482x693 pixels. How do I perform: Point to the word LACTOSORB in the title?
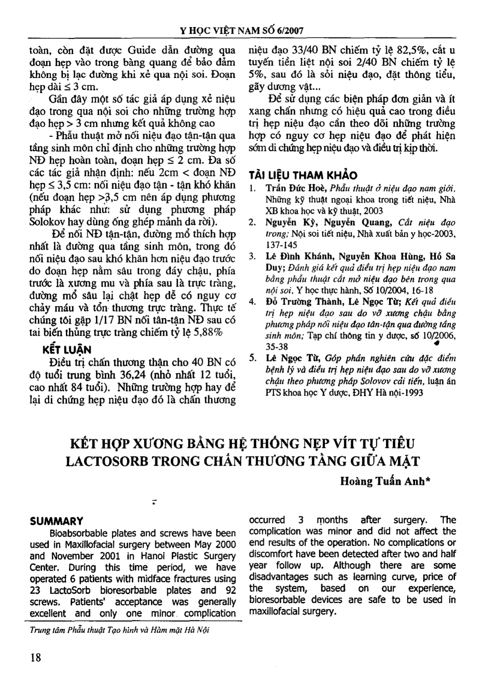click(x=106, y=461)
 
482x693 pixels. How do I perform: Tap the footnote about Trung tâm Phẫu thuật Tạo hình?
click(x=119, y=630)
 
